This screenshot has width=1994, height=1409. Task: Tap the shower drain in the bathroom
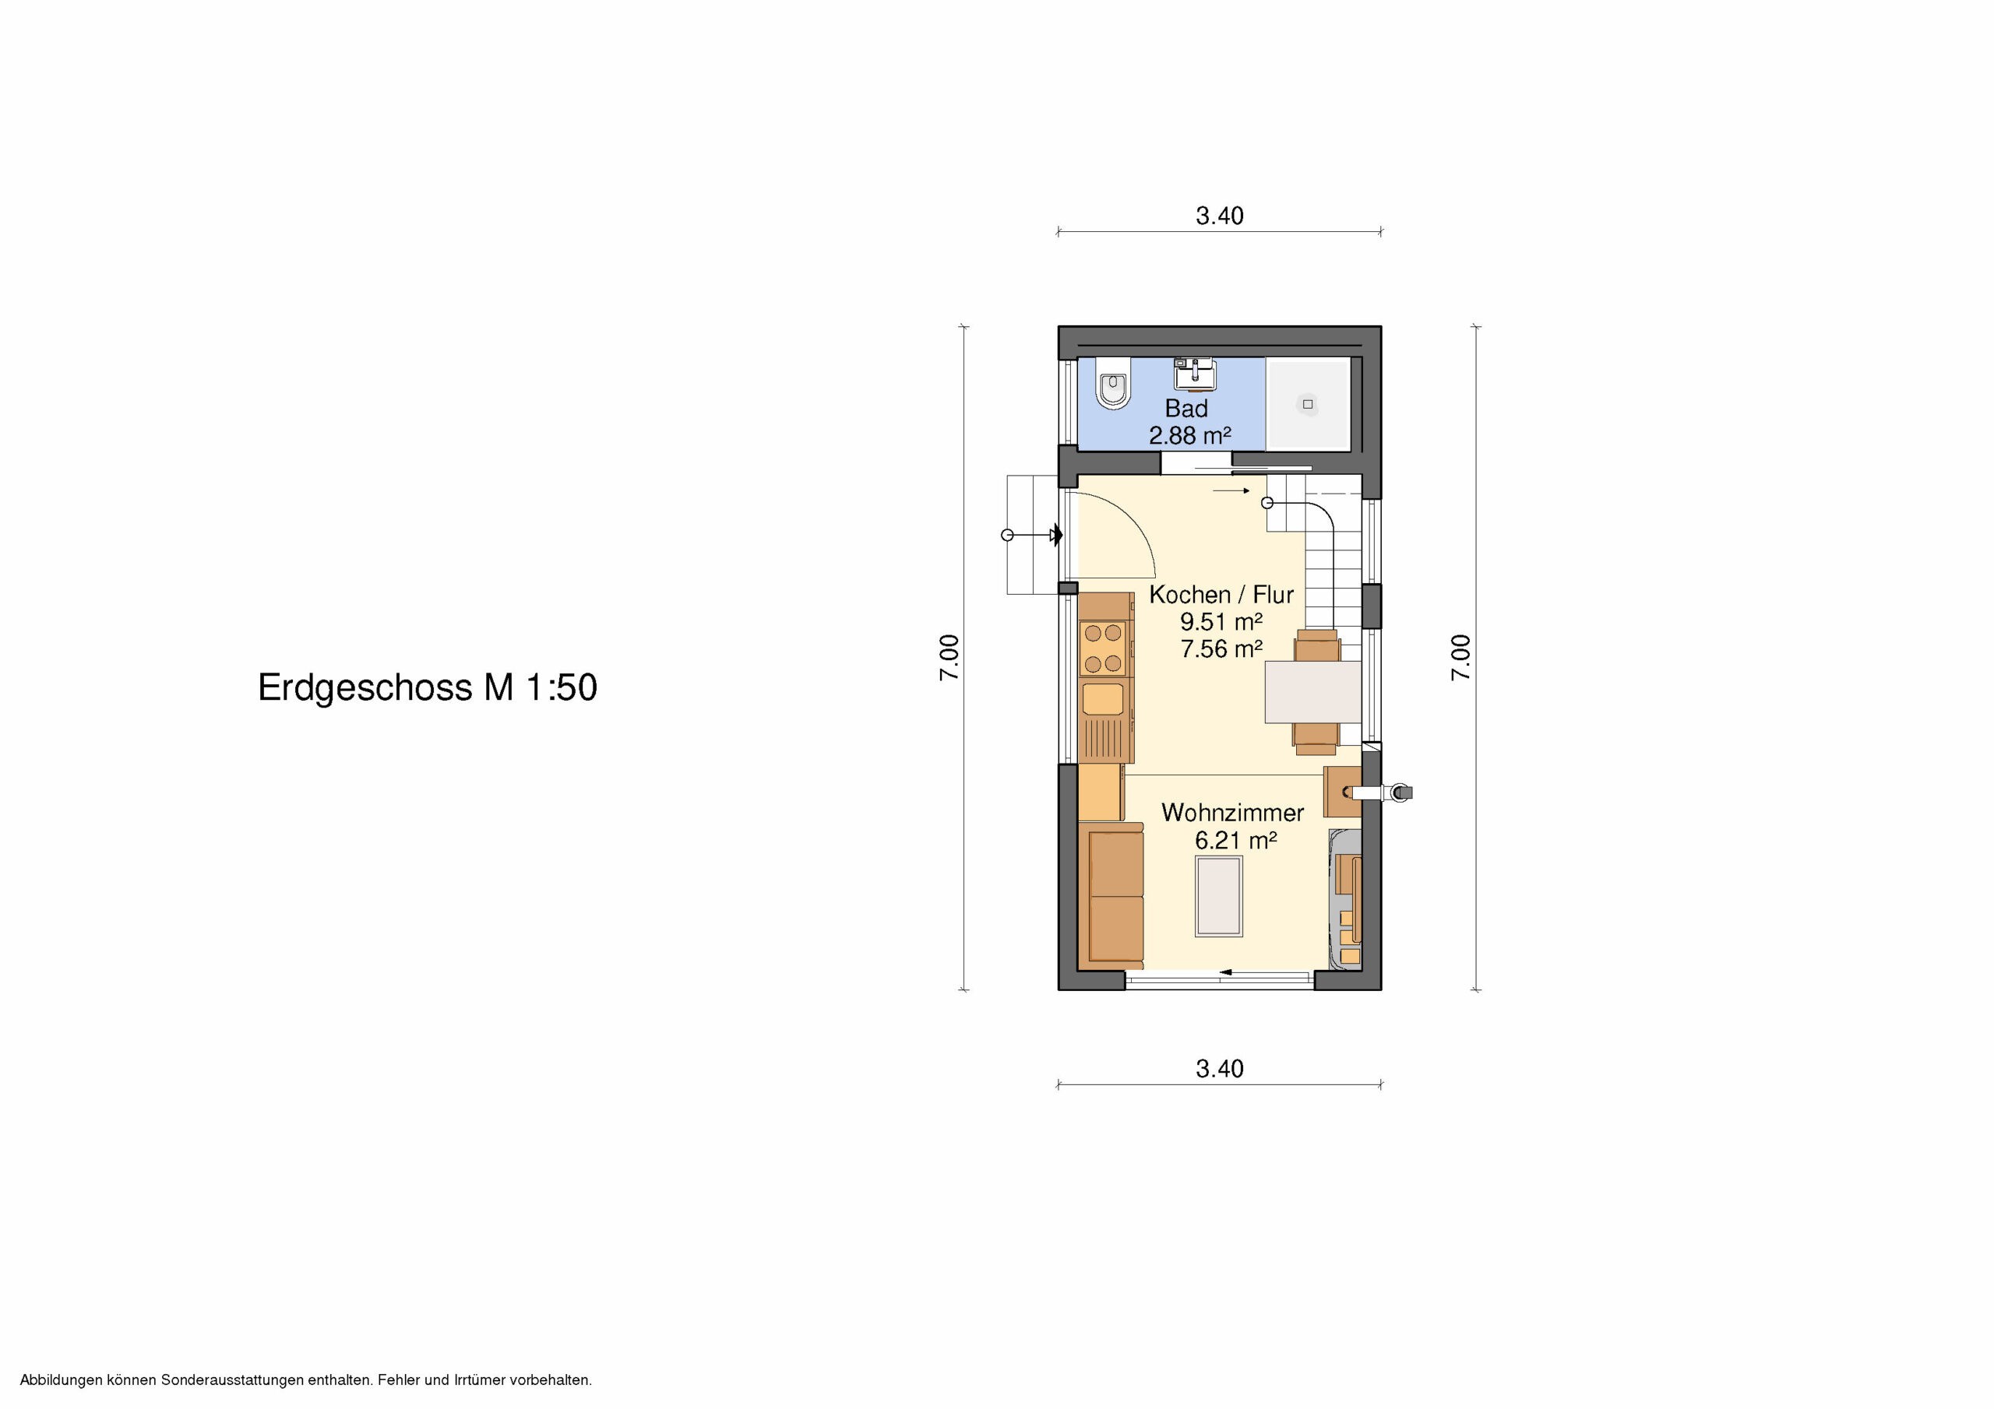[1307, 404]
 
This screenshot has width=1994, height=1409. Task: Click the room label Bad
[1186, 407]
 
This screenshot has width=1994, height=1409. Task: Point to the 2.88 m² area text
[1190, 435]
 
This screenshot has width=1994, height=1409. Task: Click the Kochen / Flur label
[1221, 595]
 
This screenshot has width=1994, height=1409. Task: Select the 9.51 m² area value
[1221, 621]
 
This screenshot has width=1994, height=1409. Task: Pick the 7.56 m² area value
[1221, 648]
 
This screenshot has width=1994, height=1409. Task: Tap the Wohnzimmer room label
[1232, 813]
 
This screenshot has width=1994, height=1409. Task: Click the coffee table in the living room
[1218, 896]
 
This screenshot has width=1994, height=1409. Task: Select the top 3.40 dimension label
[1219, 216]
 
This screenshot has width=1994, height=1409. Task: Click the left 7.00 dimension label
[949, 657]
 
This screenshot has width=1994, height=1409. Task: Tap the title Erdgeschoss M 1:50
[428, 687]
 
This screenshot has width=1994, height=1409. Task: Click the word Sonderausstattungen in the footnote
[234, 1379]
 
